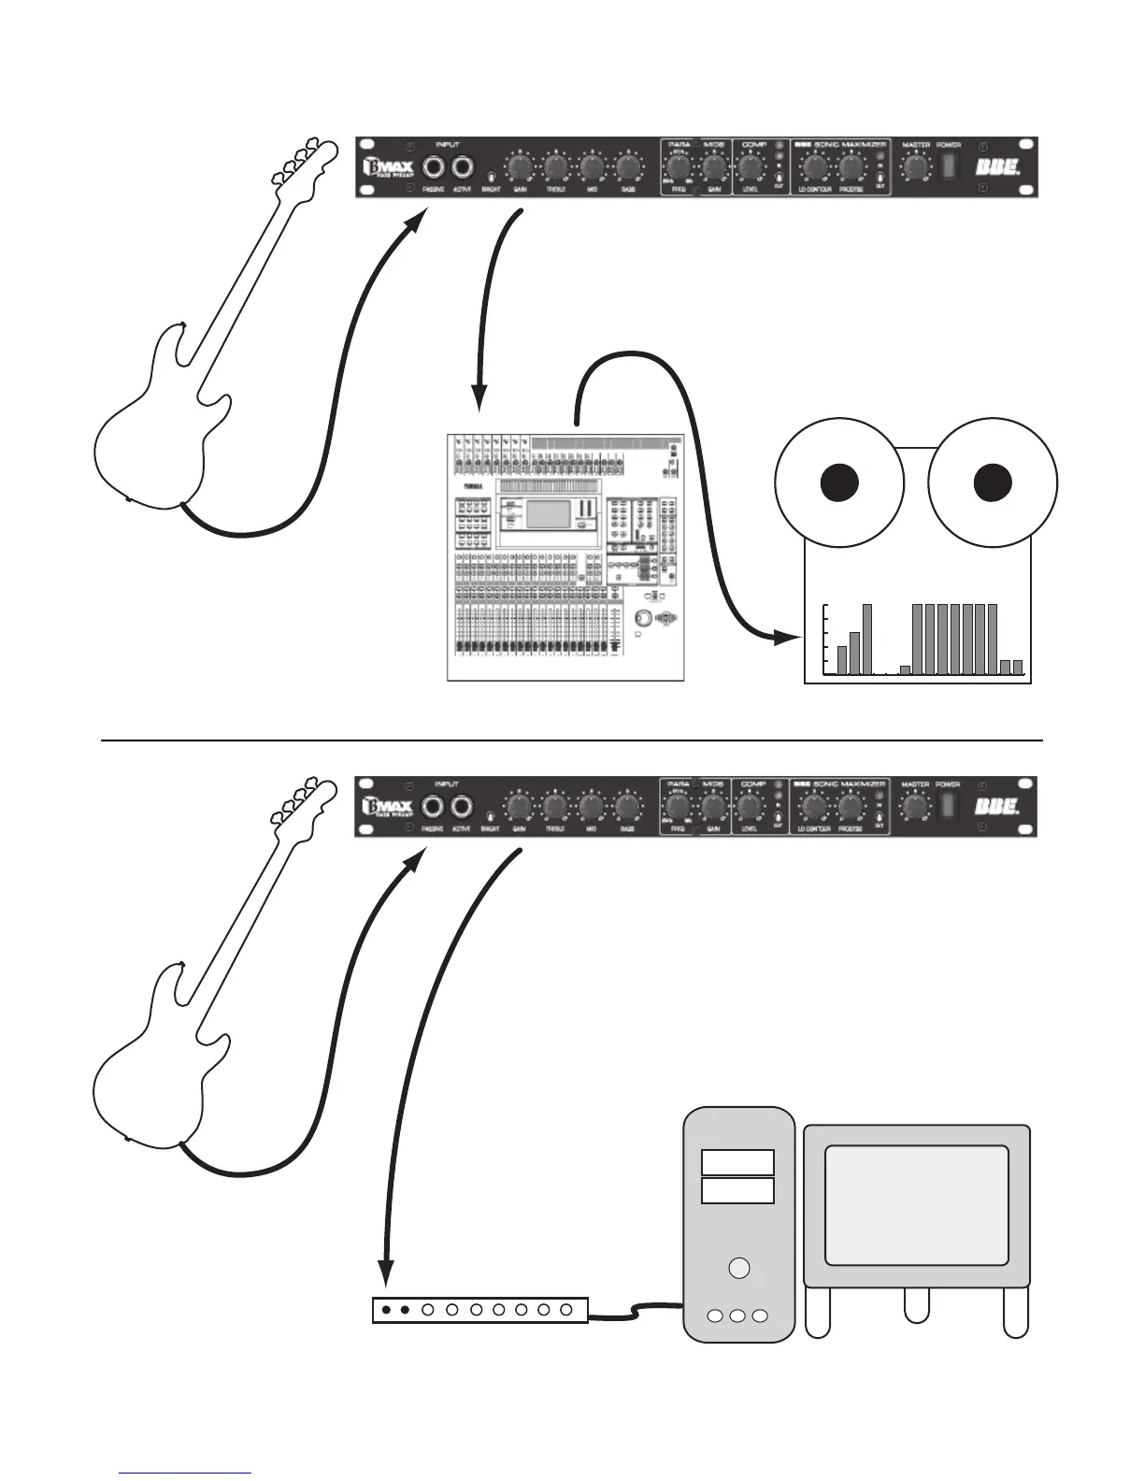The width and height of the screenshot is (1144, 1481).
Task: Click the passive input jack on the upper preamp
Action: coord(434,168)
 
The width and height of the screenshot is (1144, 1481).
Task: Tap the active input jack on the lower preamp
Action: coord(461,807)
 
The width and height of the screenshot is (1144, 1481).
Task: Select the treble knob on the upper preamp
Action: coord(555,168)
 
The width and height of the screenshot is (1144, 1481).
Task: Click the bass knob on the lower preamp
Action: coord(628,807)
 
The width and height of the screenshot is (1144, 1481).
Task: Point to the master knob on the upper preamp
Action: coord(916,167)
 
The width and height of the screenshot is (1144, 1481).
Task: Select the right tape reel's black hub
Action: coord(993,482)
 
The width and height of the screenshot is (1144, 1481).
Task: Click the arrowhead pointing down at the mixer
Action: coord(479,398)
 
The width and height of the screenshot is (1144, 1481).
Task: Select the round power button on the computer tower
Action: coord(738,1268)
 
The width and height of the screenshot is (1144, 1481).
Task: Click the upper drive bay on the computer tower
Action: coord(737,1162)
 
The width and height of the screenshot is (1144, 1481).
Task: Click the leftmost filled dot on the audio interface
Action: coord(386,1310)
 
